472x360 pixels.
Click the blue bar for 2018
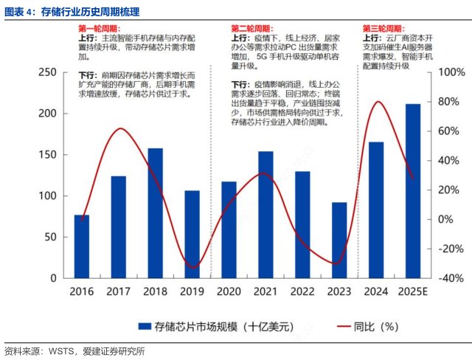[x=155, y=213]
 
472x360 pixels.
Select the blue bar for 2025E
[x=413, y=191]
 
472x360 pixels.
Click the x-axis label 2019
[x=192, y=291]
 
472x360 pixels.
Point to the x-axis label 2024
[x=376, y=291]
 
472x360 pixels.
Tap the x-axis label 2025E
[x=413, y=291]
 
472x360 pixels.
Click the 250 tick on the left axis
[x=46, y=72]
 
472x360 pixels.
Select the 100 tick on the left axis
[x=46, y=196]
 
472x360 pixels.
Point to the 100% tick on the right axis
[x=451, y=72]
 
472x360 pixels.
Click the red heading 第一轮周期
[x=100, y=28]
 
